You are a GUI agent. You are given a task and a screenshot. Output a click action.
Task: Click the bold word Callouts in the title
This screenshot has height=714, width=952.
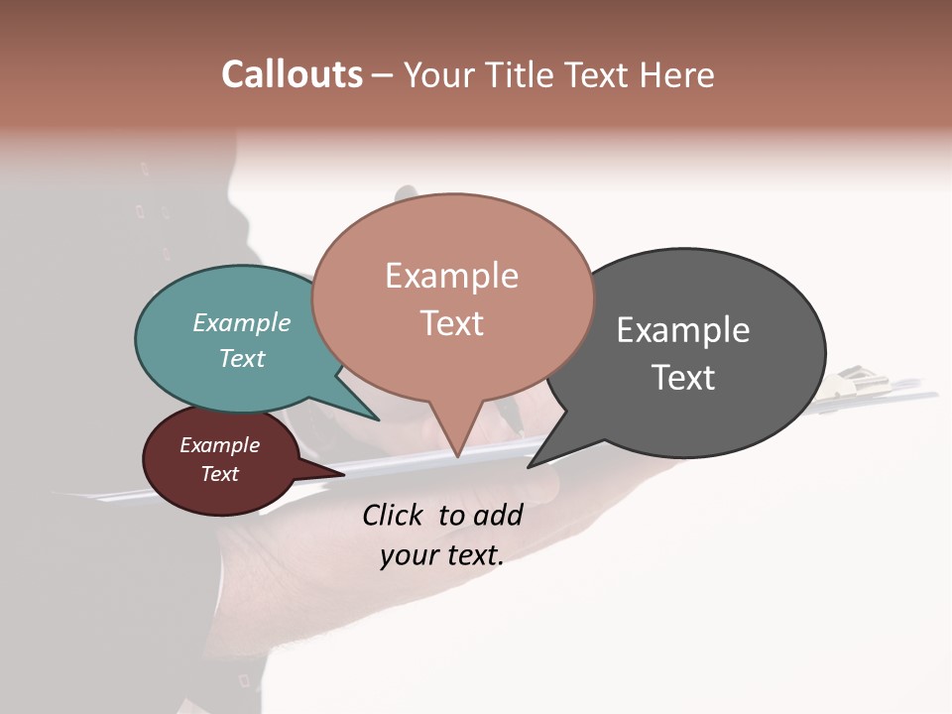tap(292, 74)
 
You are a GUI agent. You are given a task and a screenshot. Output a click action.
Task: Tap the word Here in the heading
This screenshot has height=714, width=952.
tap(677, 74)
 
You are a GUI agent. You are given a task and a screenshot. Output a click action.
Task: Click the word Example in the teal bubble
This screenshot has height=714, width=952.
tap(242, 323)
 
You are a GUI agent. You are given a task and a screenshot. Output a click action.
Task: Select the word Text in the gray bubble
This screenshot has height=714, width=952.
tap(683, 378)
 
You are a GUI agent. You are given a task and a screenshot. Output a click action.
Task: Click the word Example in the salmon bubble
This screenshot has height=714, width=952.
tap(451, 276)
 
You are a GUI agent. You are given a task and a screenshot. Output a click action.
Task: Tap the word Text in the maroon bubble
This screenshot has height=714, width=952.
tap(220, 474)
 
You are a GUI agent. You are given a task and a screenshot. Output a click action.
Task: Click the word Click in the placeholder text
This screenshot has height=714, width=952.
tap(392, 515)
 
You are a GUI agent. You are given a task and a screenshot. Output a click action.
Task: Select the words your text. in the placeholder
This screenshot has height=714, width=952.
tap(441, 556)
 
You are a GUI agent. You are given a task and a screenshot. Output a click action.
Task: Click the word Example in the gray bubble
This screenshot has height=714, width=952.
tap(683, 330)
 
